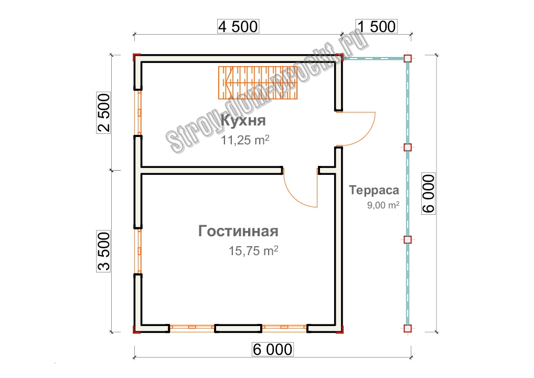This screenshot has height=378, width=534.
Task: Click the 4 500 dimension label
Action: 238,27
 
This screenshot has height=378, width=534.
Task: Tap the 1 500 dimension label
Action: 376,27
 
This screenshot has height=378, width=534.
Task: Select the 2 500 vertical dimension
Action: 104,112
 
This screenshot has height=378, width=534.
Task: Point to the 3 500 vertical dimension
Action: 104,251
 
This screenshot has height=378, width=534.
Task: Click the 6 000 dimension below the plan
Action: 272,349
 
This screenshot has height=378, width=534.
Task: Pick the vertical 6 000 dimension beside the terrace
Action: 429,194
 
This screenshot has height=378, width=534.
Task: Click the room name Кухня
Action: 243,121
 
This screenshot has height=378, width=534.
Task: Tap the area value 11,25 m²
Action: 245,140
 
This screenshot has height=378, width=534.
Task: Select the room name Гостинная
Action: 238,231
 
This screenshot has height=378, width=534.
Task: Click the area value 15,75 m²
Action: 253,250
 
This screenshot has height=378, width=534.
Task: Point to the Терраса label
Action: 374,190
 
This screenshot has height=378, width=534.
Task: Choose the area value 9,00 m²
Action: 383,205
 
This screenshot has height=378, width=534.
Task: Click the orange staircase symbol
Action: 258,82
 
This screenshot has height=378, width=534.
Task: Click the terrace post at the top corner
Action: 407,58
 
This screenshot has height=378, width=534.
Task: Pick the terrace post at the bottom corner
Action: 407,329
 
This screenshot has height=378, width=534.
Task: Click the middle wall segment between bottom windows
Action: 238,329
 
